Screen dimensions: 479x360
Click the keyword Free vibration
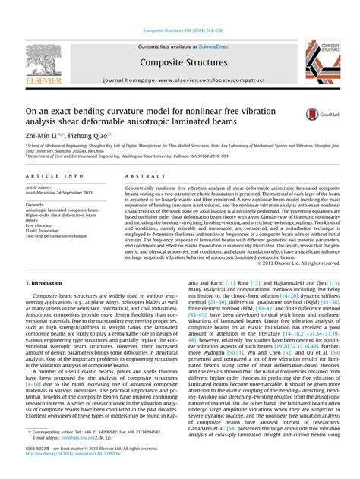(39, 225)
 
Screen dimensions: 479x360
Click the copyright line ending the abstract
(298, 263)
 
